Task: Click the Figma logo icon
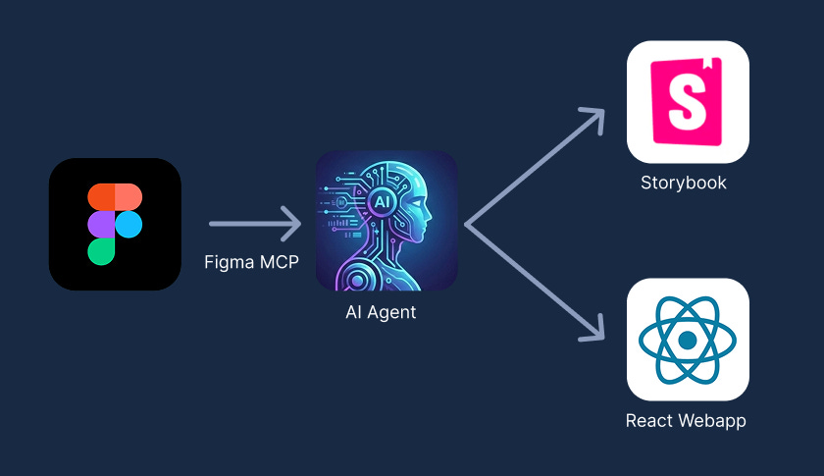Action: point(115,224)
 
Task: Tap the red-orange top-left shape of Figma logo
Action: point(101,195)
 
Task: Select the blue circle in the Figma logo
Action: point(129,225)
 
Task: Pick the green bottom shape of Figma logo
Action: point(101,252)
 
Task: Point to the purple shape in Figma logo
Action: point(101,225)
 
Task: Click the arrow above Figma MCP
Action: point(254,224)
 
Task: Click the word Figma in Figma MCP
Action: point(226,262)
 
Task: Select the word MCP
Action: point(278,262)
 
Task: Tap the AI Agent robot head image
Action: point(386,221)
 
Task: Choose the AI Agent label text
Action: point(381,313)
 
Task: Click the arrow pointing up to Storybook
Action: point(536,166)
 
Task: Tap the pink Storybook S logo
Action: point(688,100)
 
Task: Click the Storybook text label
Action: point(684,183)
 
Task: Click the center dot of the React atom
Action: point(688,340)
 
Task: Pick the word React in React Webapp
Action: point(650,421)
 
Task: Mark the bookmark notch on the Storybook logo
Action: point(709,67)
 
